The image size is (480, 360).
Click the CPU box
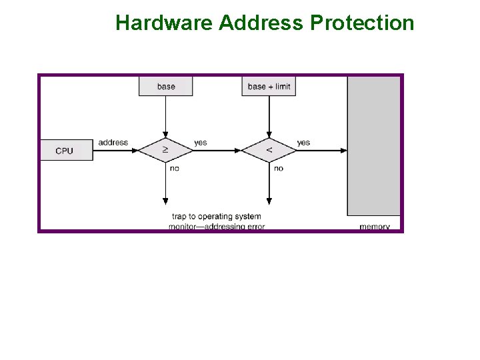65,151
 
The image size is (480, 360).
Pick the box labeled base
166,86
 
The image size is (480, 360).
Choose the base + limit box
269,86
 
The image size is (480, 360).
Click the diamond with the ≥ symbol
165,151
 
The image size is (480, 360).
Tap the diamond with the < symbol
269,151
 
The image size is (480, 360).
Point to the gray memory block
373,145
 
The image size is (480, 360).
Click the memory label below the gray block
375,227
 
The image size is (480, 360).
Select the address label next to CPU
113,142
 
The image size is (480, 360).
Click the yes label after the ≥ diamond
201,142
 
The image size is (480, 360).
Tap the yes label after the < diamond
303,142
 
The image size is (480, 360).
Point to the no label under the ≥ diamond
175,169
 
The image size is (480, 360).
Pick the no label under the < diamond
278,169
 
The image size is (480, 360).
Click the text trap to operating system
217,217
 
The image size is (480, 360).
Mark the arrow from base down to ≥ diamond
165,117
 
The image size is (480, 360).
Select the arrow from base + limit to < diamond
269,117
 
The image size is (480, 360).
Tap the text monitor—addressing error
217,227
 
